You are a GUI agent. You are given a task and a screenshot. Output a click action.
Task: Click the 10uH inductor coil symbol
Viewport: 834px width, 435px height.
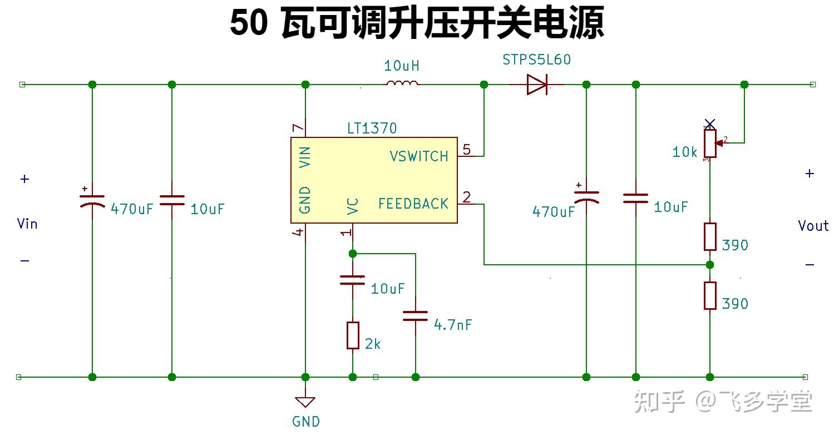point(402,84)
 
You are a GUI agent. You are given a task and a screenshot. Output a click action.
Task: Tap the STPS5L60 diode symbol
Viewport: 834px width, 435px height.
point(537,85)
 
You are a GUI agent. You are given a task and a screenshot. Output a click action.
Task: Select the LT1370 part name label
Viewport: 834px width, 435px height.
point(372,128)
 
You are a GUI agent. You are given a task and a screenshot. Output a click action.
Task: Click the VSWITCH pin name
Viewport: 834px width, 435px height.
point(418,156)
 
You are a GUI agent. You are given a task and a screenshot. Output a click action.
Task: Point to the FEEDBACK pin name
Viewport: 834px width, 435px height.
point(413,204)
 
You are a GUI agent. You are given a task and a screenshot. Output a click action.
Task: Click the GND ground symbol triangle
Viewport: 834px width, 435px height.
point(305,402)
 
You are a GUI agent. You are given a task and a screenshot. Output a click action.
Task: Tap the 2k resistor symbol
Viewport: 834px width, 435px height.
point(353,335)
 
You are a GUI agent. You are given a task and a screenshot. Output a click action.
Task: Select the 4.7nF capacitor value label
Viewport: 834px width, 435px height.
point(452,325)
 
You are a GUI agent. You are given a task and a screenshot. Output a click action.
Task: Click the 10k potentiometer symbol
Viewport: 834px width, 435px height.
point(710,143)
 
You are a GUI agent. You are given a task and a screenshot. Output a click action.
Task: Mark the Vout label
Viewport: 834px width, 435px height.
point(813,226)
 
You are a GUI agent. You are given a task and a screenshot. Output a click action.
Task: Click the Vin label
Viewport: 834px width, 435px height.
point(27,224)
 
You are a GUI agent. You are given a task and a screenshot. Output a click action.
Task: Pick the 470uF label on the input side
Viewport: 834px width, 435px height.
point(131,210)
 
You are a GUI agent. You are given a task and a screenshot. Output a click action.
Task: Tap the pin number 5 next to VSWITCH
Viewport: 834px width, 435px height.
point(466,149)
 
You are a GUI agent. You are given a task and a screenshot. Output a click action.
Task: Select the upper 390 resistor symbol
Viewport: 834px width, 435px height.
point(710,236)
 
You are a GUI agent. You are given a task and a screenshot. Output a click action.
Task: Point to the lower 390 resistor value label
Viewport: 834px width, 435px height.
point(734,304)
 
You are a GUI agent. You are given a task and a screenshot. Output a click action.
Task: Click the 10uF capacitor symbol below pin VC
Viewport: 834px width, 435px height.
point(353,280)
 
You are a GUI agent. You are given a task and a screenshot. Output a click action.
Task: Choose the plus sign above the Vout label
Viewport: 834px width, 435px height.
point(810,174)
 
